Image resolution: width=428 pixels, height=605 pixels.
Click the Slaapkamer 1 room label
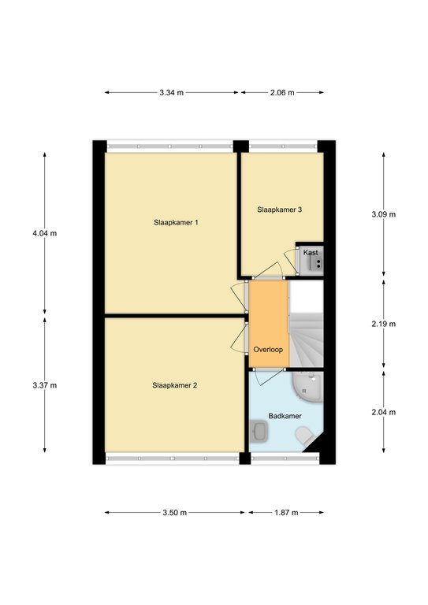coord(176,223)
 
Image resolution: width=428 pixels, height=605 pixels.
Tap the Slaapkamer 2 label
coord(174,385)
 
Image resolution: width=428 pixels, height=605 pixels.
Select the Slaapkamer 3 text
coord(279,210)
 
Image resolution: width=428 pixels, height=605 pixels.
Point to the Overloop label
coord(268,350)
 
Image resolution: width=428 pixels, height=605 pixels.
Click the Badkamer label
coord(285,416)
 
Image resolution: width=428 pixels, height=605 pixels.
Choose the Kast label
coord(311,252)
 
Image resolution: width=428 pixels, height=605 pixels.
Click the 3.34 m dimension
coord(171,93)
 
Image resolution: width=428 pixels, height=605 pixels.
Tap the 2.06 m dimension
coord(282,93)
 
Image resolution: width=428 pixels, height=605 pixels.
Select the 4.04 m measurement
coord(45,233)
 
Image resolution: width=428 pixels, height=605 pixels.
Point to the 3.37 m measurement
coord(45,385)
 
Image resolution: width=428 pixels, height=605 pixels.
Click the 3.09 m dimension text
coord(384,214)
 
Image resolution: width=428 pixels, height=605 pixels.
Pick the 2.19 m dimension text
coord(384,324)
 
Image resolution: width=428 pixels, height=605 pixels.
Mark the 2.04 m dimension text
coord(384,412)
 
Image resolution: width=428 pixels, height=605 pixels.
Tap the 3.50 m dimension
coord(174,512)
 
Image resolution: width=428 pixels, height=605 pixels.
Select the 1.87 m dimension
coord(286,512)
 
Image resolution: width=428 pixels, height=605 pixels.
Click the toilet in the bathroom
coord(305,436)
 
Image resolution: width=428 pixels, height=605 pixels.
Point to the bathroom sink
coord(259,431)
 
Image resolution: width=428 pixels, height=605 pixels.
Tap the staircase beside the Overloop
coord(306,323)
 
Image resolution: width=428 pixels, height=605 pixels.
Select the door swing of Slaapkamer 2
coord(238,339)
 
